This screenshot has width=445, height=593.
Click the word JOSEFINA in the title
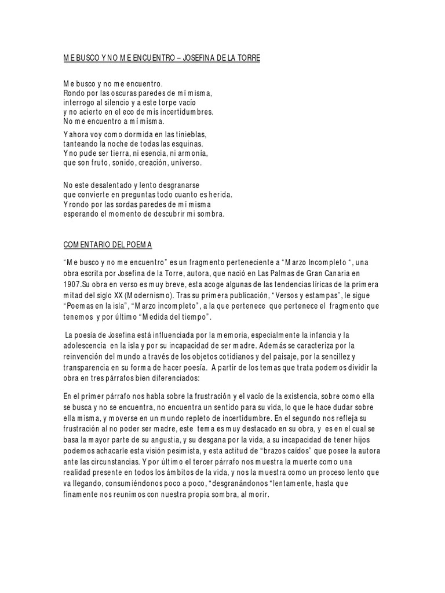[x=207, y=59]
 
